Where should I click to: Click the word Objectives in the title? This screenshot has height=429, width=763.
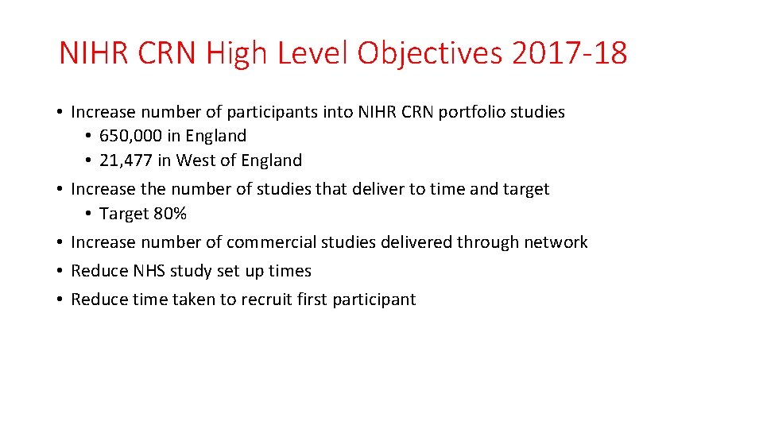430,54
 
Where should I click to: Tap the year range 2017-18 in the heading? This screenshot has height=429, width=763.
570,54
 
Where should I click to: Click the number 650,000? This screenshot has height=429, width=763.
130,136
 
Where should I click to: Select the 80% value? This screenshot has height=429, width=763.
171,214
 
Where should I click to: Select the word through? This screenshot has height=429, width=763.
486,242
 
